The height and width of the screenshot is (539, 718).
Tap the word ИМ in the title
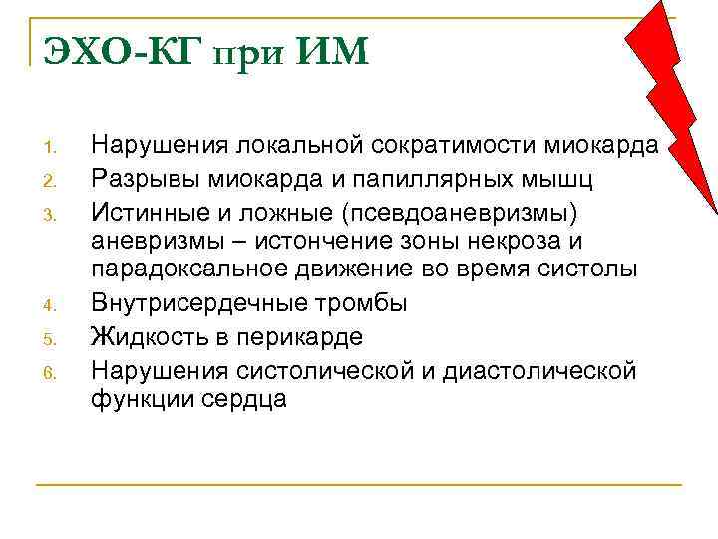[x=332, y=49]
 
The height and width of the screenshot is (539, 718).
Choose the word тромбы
[x=350, y=303]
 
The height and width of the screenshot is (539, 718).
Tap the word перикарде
[x=303, y=336]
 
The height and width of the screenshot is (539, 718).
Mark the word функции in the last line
[x=137, y=399]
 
